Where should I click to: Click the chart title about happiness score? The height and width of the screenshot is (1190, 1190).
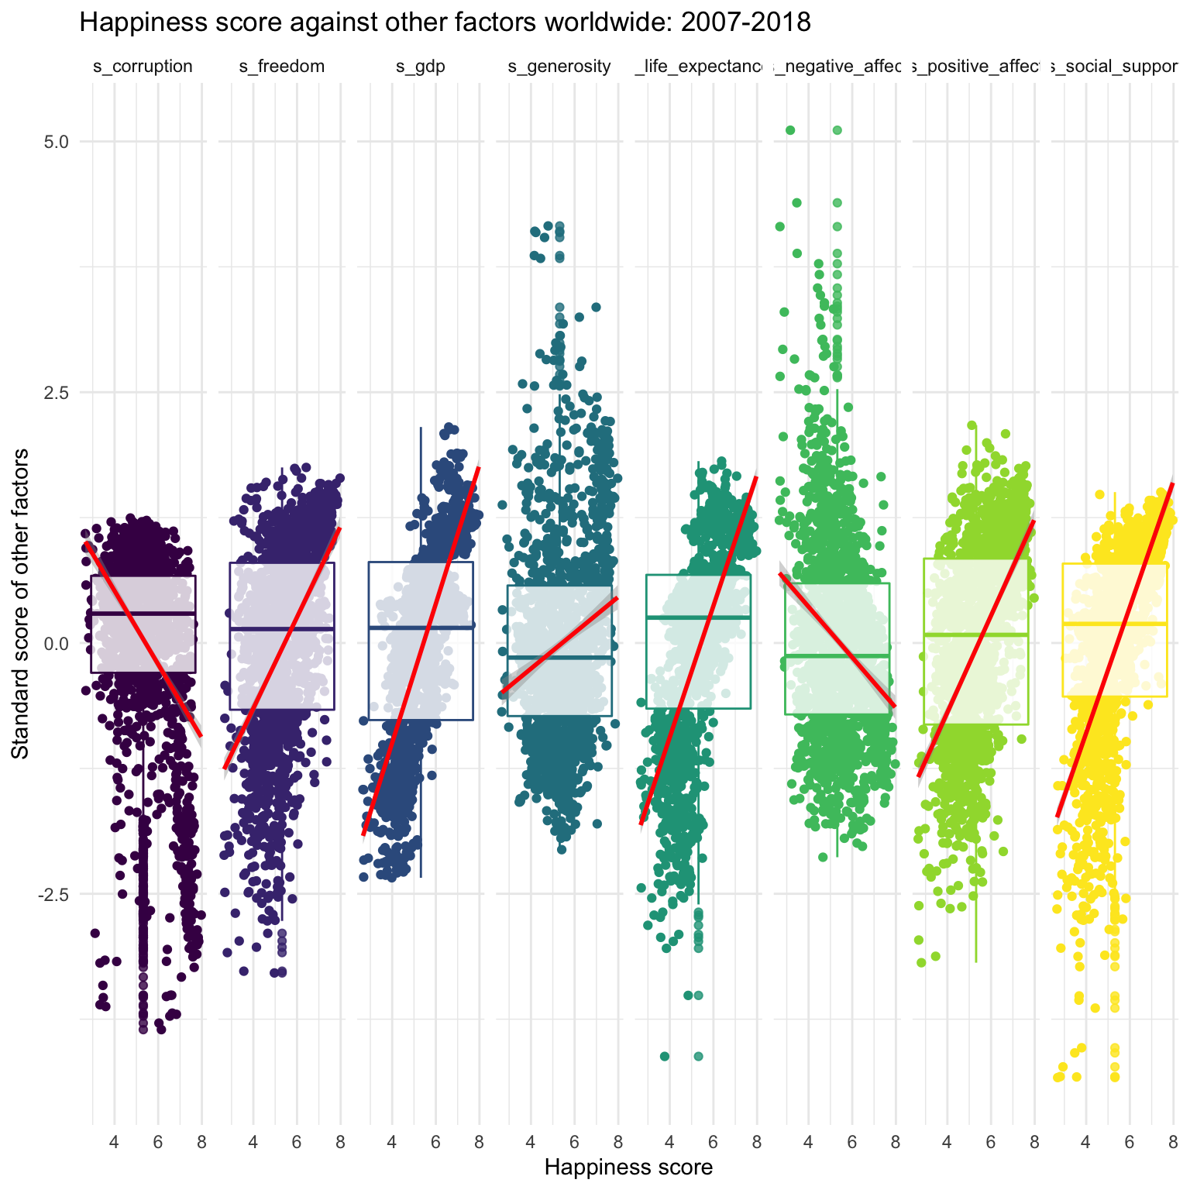pos(445,23)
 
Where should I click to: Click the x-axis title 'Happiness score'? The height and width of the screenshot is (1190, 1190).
pos(628,1167)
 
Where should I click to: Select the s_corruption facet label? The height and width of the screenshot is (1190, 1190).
pos(143,67)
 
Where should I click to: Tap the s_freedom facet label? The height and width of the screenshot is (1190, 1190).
pos(281,67)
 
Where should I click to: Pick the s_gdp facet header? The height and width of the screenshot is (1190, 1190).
pos(421,67)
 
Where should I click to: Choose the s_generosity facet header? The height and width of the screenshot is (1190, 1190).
pos(559,67)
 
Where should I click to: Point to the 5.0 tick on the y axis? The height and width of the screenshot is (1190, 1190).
pos(57,142)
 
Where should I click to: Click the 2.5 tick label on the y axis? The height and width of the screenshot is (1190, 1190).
pos(57,392)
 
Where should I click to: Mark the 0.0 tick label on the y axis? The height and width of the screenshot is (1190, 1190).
pos(57,643)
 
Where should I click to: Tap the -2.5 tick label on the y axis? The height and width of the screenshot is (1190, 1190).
pos(54,894)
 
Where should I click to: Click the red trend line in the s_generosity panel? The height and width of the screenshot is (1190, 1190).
pos(559,645)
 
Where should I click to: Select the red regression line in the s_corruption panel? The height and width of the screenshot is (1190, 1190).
pos(143,639)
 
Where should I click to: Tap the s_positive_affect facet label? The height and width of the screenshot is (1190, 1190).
pos(975,67)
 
